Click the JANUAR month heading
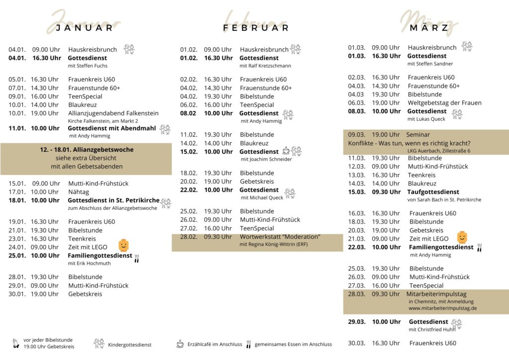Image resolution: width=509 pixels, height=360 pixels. tap(85, 27)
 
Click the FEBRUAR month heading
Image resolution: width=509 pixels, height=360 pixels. tap(256, 27)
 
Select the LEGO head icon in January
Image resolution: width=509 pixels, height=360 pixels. tap(124, 245)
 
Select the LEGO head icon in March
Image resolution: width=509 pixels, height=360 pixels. tap(462, 237)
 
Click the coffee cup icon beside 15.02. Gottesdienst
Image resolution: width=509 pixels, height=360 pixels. tap(286, 150)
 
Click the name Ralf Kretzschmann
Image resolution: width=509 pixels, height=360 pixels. tap(265, 66)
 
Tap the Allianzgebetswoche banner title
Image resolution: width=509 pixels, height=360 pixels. tap(86, 150)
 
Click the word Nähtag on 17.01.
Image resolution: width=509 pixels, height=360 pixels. tap(78, 192)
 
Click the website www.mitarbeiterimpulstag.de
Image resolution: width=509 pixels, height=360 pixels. tap(442, 308)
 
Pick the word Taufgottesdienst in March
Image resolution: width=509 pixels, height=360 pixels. tap(433, 192)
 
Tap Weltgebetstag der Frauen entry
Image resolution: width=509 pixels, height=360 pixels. tap(444, 103)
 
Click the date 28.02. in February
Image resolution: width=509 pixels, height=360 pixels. tap(189, 237)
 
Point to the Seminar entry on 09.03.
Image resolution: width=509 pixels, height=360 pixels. tap(418, 135)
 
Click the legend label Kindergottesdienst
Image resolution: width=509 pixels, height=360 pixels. tap(130, 345)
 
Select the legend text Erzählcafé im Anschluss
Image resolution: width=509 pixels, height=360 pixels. tap(215, 344)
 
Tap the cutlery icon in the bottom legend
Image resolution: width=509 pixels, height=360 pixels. tap(248, 344)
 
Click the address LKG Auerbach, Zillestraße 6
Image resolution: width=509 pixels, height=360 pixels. tap(438, 151)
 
